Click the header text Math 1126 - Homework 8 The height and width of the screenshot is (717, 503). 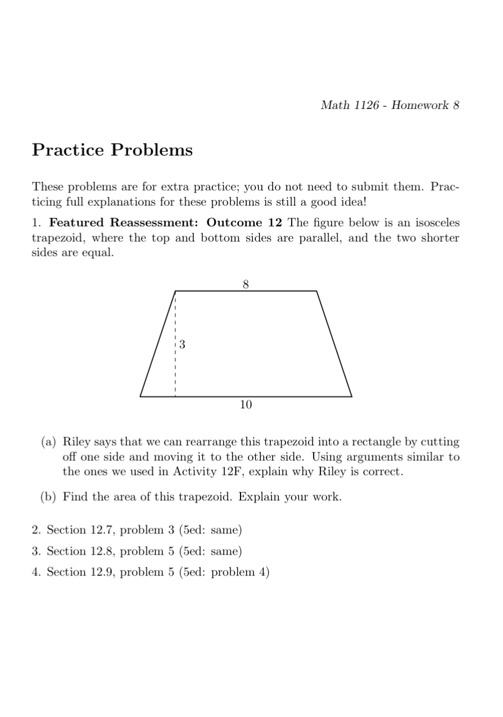tap(389, 105)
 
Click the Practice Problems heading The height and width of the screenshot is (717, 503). tap(112, 151)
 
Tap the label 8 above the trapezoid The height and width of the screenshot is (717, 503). tap(246, 284)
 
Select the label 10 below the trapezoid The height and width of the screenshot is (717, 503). tap(246, 404)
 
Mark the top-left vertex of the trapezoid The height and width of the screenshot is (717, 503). tap(175, 291)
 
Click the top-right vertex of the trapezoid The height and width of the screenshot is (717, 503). tap(316, 291)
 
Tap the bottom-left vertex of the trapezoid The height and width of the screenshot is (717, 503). tap(141, 396)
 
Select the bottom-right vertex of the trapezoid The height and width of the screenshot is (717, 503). tap(352, 396)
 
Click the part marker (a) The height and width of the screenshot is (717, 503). tap(48, 442)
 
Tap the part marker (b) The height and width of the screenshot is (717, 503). tap(48, 497)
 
